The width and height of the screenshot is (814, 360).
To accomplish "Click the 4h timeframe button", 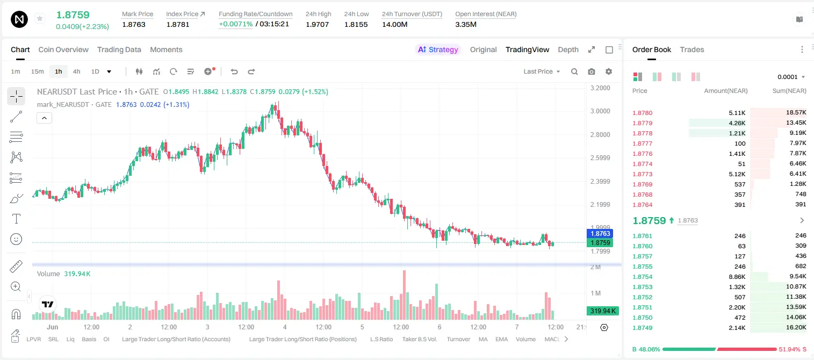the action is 76,71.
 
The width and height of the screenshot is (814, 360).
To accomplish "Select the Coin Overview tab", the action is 63,49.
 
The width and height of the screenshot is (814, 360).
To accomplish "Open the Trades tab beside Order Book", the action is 692,49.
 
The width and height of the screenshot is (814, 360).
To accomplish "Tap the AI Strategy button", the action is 438,49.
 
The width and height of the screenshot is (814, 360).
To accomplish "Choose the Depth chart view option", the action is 568,49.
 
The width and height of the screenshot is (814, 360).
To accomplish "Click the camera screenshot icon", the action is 592,71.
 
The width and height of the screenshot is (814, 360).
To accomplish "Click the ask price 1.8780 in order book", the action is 643,113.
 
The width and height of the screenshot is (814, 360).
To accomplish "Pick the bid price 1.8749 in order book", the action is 643,328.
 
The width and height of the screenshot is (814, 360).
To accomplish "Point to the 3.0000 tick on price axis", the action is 600,111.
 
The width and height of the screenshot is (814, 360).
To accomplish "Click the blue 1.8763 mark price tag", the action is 600,234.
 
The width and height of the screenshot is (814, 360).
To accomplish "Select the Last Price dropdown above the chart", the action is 542,71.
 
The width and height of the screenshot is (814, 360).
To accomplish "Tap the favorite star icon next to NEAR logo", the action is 40,18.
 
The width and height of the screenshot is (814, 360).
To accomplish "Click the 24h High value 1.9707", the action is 317,24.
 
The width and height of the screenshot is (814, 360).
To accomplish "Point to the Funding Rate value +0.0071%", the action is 235,24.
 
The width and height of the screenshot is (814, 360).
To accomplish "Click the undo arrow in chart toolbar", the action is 234,71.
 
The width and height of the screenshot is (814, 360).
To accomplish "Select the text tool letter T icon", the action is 16,219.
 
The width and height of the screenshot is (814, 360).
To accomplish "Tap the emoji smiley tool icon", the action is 16,239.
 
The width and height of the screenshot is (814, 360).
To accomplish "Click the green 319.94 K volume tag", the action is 602,311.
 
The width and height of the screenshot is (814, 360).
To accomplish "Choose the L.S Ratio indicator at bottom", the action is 381,339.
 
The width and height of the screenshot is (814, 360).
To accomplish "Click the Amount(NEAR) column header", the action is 726,91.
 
